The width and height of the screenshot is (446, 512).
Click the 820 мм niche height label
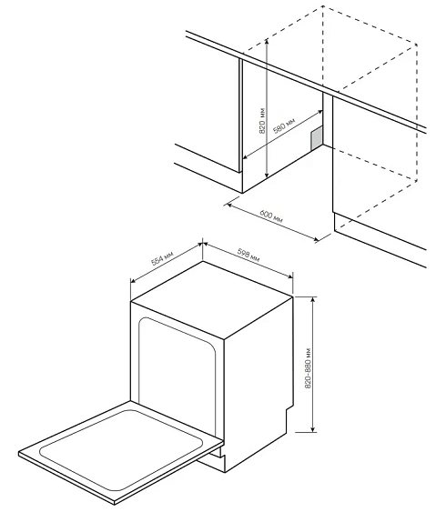tap(260, 120)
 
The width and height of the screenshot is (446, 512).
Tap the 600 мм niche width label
tap(270, 219)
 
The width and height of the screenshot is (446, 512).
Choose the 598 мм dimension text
tap(248, 257)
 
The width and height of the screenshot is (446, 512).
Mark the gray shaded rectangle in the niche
tap(317, 137)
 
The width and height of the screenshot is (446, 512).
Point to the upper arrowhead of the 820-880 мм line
tap(314, 298)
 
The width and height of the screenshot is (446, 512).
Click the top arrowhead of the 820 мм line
tap(267, 40)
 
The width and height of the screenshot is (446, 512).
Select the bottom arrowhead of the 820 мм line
tap(266, 176)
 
